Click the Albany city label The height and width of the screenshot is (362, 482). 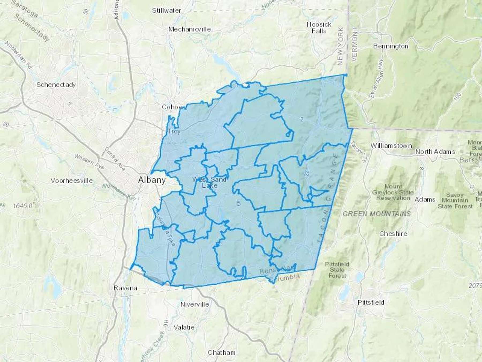152,180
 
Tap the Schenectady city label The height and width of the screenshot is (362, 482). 56,85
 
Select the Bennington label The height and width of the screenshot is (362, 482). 391,46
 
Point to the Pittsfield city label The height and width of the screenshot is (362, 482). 371,302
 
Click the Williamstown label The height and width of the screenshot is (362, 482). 391,146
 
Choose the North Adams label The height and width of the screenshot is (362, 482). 435,152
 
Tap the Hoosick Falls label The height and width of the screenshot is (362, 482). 319,28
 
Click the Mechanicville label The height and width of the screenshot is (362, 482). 189,29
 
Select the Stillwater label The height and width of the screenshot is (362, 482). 166,11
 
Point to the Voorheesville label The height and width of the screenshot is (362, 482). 72,180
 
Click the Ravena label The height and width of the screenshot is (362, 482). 125,288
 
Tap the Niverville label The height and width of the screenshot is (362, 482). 195,304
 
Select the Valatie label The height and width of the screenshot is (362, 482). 184,327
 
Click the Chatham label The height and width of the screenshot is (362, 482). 221,353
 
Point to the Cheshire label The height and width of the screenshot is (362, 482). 393,234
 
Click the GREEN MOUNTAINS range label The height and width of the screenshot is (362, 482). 376,214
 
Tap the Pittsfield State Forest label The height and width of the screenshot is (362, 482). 337,270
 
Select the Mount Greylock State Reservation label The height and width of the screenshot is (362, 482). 393,192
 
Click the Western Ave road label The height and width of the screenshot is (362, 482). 89,161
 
